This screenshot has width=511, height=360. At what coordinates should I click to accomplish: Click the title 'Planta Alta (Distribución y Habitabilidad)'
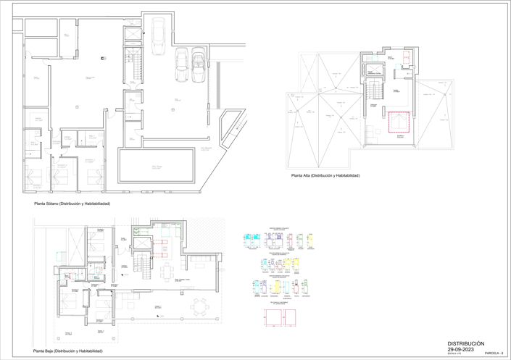[325, 176]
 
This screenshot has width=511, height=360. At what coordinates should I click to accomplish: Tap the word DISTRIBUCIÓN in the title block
[465, 343]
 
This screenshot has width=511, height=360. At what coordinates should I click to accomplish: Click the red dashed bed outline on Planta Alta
[399, 124]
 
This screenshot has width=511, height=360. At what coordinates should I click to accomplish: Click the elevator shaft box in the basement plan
[133, 34]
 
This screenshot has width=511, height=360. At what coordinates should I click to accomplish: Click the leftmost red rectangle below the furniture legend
[273, 317]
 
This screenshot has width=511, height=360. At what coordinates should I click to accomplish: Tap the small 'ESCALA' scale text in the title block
[453, 353]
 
